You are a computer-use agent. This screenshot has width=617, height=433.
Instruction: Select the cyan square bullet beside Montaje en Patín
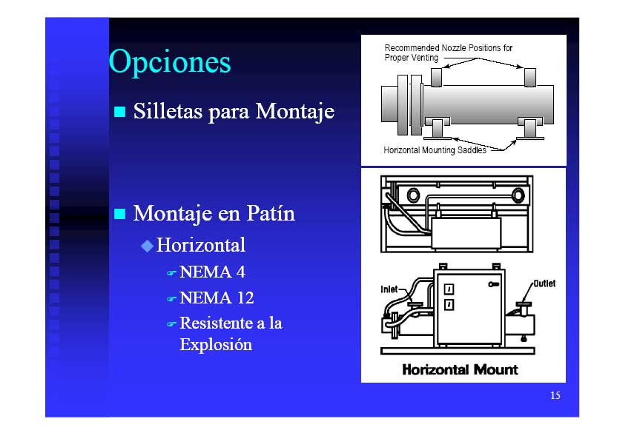tap(119, 214)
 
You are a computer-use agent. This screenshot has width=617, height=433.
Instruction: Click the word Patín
tap(271, 213)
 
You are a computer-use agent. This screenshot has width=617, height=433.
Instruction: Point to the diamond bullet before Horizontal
tap(147, 246)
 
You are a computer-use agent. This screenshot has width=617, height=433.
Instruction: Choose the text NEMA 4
tap(212, 272)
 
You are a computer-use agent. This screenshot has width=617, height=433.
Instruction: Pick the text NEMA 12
tap(217, 298)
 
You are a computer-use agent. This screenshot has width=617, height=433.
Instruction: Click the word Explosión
tap(216, 345)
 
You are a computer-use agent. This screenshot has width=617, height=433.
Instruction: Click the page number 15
tap(555, 395)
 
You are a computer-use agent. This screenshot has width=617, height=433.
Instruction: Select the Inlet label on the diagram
tap(389, 289)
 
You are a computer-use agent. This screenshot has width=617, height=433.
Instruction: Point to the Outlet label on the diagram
tap(544, 283)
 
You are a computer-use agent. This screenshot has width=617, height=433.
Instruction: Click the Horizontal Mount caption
tap(460, 369)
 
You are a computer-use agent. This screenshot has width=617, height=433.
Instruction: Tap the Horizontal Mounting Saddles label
tap(435, 150)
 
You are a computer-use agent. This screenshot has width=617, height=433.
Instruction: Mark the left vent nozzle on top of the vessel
tap(436, 77)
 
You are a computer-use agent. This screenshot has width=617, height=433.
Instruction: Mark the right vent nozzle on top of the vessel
tap(530, 77)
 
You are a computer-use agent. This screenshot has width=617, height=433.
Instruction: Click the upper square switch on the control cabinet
tap(449, 289)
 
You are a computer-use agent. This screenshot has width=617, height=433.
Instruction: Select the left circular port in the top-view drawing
tap(413, 195)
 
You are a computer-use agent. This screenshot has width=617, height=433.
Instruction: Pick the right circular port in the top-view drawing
tap(518, 195)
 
